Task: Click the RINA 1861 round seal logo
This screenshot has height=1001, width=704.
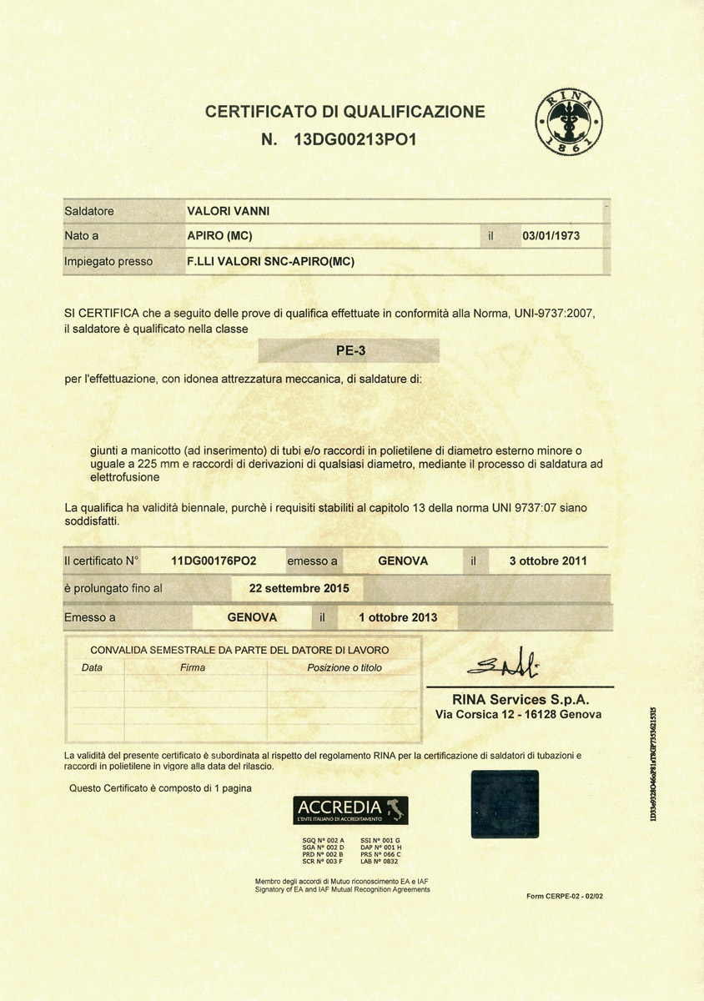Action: pos(568,123)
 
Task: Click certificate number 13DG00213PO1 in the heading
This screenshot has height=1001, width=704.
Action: pos(355,139)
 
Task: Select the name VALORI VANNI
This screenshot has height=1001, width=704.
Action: pos(228,211)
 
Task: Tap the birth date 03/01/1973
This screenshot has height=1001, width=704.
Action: pos(551,236)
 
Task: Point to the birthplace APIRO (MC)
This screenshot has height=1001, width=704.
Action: pos(220,236)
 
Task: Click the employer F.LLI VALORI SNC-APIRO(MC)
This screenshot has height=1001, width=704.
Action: pos(271,261)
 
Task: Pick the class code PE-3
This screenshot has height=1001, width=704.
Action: pos(349,350)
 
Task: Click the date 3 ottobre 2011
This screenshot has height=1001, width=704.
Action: pos(548,561)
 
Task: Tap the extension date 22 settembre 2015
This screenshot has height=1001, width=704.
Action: pos(306,587)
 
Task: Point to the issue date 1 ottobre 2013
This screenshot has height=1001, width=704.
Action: pos(398,617)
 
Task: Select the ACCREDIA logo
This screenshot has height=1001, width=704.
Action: pos(350,810)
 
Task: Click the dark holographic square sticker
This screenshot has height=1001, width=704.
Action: pos(505,803)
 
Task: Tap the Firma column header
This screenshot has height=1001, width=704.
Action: pos(193,667)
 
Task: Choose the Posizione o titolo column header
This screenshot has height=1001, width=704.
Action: pos(344,667)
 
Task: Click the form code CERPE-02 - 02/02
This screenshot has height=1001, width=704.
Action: pos(565,895)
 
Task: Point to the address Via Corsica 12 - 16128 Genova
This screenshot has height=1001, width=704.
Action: pos(518,715)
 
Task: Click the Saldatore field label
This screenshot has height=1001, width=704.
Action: pos(89,211)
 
